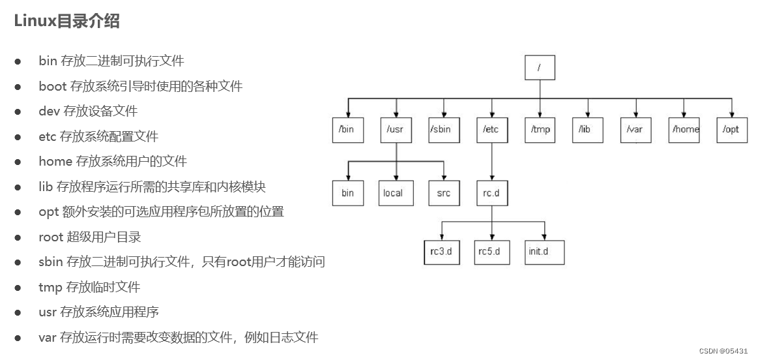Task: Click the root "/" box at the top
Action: [540, 67]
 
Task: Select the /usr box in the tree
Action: [395, 129]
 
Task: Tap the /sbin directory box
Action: [443, 129]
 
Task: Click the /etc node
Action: [491, 129]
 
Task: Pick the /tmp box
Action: [540, 129]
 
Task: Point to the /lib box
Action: [588, 129]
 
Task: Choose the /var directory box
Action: [635, 129]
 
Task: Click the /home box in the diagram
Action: [684, 129]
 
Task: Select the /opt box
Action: [732, 129]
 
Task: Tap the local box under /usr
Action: [395, 193]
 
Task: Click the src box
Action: [443, 193]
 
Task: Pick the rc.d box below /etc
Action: [491, 193]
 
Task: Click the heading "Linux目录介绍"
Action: [67, 21]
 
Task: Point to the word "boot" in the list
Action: [53, 86]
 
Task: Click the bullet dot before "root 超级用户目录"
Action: [18, 237]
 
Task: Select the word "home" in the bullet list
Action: [55, 162]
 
